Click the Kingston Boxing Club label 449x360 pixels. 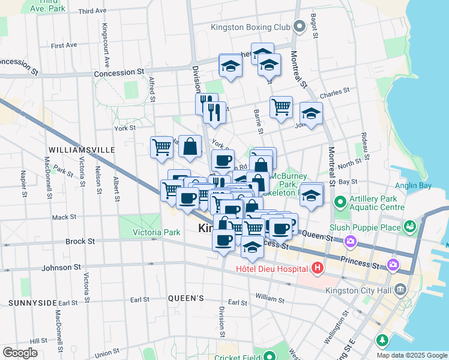click(250, 27)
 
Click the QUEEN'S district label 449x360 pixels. click(186, 298)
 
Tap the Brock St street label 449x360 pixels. click(80, 241)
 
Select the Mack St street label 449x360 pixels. click(64, 217)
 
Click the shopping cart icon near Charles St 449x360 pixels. click(281, 107)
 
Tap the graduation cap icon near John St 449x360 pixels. click(311, 113)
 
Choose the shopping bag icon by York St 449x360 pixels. click(190, 146)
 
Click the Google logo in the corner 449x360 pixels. click(19, 352)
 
